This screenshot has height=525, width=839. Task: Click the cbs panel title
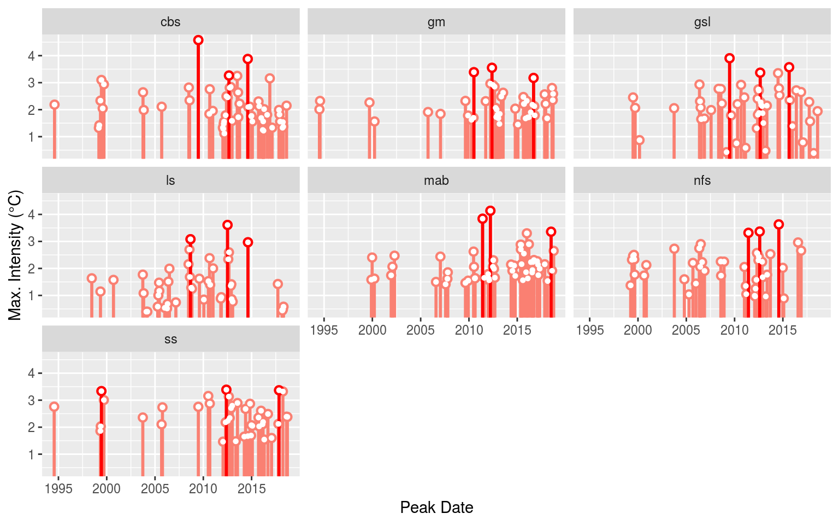170,22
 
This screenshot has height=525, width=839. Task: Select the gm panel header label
436,22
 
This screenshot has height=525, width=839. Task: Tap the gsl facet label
702,22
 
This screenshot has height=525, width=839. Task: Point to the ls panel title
170,180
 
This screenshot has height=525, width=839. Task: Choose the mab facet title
436,180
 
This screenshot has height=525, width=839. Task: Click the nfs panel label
702,180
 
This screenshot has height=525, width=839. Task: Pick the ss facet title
170,339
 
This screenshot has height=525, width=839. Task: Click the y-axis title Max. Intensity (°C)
15,255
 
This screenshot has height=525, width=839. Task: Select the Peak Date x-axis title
436,507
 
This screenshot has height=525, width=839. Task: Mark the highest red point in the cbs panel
198,40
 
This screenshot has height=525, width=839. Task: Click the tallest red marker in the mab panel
490,211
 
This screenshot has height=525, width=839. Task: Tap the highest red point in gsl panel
729,58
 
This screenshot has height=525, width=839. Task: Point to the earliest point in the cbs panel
54,104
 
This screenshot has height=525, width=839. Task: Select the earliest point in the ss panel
54,406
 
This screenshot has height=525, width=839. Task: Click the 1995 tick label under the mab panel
324,330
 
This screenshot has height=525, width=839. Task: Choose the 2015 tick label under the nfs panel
783,330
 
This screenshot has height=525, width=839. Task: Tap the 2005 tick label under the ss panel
155,489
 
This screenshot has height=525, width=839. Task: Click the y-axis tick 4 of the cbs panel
32,56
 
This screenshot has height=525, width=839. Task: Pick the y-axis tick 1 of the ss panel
32,454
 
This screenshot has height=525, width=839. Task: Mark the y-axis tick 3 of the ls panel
32,241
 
